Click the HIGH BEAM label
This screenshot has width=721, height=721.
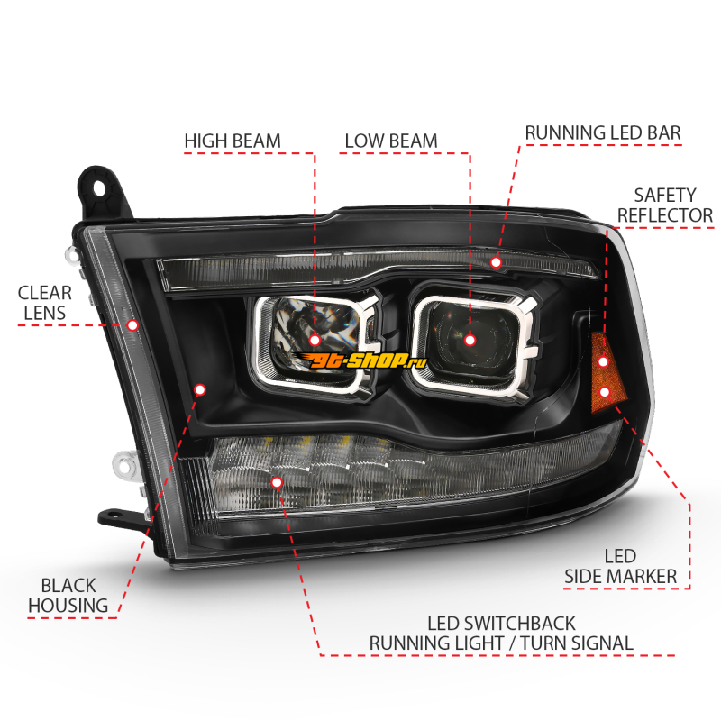click(x=233, y=141)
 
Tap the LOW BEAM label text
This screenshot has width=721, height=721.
click(x=391, y=141)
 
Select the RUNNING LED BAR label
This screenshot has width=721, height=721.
click(x=603, y=132)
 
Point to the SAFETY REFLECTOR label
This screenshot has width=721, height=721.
click(x=665, y=205)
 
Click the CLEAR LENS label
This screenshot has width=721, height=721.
click(x=44, y=303)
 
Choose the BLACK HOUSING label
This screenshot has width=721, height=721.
click(x=68, y=596)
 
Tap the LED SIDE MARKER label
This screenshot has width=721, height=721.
click(x=620, y=567)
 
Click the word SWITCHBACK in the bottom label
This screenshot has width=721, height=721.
click(x=520, y=624)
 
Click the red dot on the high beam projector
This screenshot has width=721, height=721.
click(x=315, y=341)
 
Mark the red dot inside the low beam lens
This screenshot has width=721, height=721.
click(x=470, y=341)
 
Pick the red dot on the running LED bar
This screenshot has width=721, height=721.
click(x=496, y=262)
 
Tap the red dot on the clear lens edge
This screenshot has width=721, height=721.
click(x=132, y=325)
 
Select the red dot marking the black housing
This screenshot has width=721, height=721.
click(x=199, y=390)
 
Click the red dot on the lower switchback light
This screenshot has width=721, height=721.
click(x=277, y=482)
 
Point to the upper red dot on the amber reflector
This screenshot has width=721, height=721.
click(x=603, y=362)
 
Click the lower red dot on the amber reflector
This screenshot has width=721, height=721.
click(x=605, y=392)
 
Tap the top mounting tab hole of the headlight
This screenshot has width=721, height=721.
click(x=99, y=187)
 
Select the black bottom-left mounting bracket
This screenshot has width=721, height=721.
click(x=122, y=518)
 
